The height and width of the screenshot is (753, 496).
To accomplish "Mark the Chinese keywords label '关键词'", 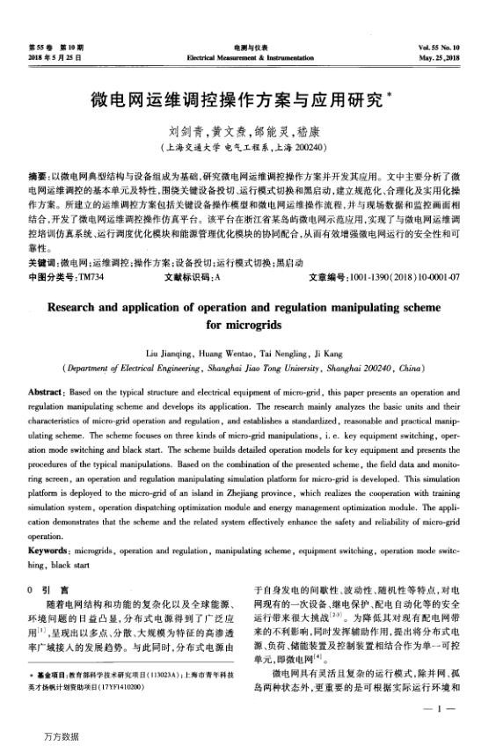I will pyautogui.click(x=43, y=263).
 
